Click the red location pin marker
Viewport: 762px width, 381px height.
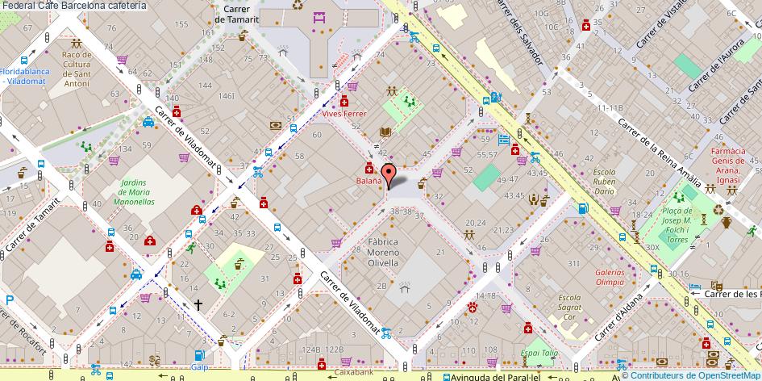tap(388, 174)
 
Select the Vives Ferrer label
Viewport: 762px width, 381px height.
tap(344, 114)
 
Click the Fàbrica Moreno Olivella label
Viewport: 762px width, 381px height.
tap(384, 251)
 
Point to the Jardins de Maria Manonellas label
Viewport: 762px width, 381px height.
tap(135, 192)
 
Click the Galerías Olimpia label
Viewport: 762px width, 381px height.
tap(610, 277)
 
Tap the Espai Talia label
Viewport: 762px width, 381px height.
tap(539, 353)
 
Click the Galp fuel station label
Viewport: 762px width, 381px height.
tap(198, 367)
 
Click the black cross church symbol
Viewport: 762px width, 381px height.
tap(198, 305)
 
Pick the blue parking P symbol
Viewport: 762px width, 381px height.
tap(9, 300)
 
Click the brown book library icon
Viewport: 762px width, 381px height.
tap(385, 133)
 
